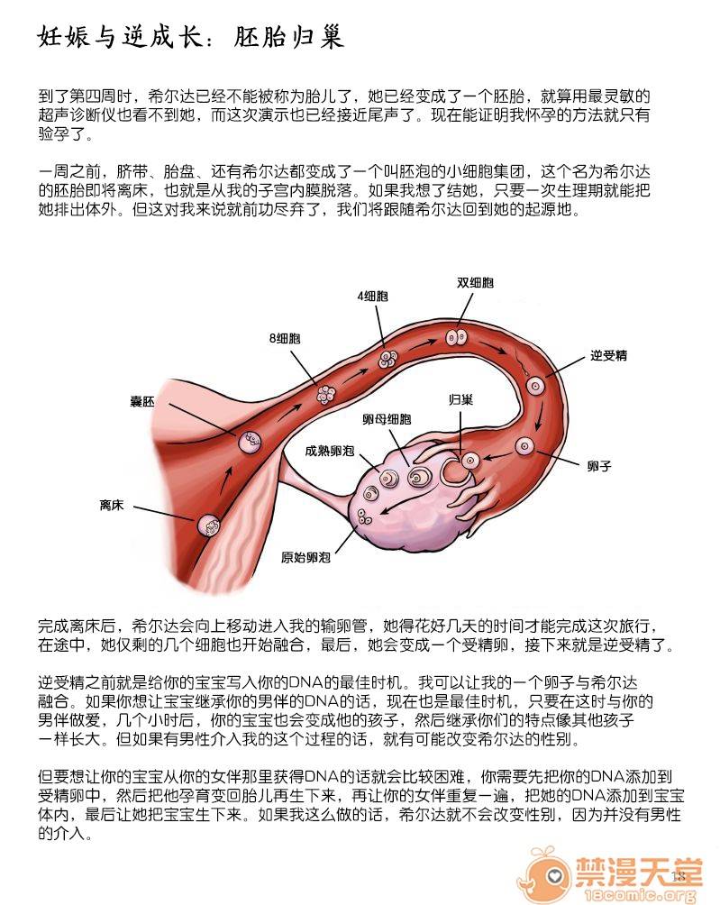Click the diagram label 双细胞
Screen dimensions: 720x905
(x=475, y=282)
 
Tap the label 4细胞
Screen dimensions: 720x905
(x=373, y=296)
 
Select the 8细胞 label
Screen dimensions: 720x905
(x=285, y=338)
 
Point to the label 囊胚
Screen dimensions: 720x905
(x=142, y=401)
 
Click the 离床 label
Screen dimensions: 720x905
(x=112, y=506)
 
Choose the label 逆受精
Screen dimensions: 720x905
(x=608, y=355)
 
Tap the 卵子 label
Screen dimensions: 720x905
(x=599, y=466)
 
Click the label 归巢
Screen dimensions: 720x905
(x=461, y=399)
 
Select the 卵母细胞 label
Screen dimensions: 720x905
(x=387, y=419)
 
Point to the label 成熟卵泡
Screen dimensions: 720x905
(x=330, y=451)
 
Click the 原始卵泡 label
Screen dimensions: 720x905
(x=305, y=558)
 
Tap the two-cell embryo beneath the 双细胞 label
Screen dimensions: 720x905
(x=456, y=337)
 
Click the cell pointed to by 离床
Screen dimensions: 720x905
(x=208, y=526)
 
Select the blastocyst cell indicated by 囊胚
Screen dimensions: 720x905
(x=250, y=443)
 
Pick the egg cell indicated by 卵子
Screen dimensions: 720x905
(x=525, y=445)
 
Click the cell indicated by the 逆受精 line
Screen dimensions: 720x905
(x=535, y=386)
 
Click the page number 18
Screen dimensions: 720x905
(x=679, y=876)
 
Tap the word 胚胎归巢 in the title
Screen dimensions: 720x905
(x=288, y=37)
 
